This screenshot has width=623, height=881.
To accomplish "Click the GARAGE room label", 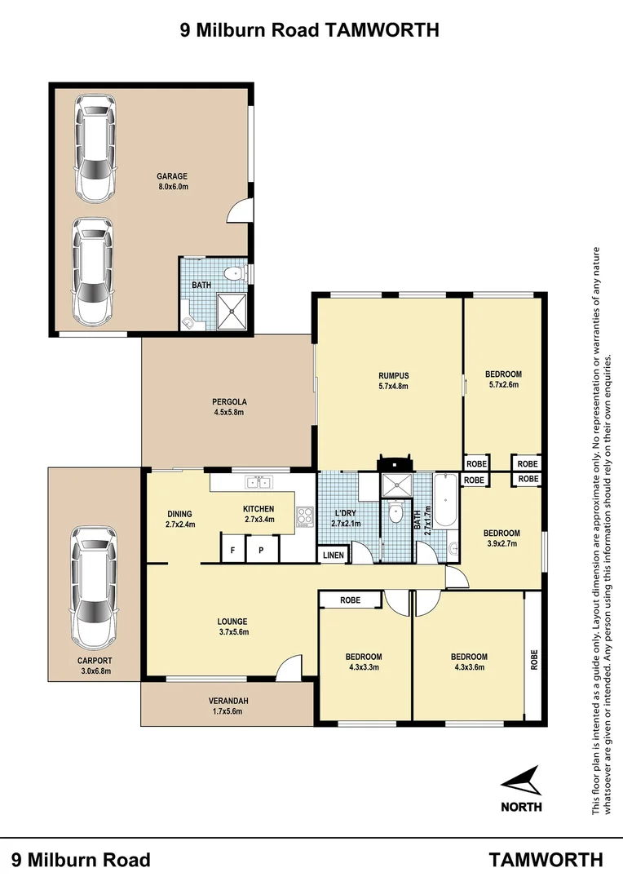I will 172,175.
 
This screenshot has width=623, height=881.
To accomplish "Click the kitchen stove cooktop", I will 306,516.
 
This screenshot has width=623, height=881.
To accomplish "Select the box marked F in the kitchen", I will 233,551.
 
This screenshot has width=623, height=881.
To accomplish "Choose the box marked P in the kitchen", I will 261,551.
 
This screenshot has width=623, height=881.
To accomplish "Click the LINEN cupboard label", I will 334,556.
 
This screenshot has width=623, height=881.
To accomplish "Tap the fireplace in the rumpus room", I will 395,463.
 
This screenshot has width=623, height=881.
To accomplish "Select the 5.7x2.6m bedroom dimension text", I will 503,386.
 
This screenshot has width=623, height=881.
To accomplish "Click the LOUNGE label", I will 232,621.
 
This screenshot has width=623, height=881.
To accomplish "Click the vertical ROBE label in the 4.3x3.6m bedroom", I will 534,658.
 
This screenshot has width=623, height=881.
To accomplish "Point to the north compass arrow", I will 522,781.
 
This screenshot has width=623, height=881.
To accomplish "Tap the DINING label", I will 180,513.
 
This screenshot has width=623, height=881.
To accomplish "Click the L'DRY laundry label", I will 346,513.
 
